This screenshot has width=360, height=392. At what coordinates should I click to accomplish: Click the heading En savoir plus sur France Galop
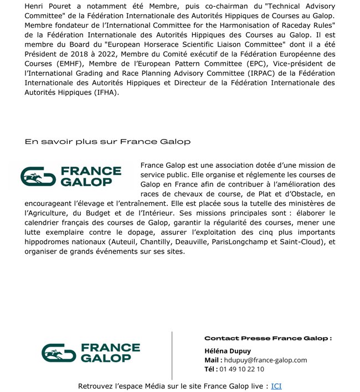[x=107, y=142]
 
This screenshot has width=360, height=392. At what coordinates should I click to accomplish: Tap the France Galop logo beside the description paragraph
[x=71, y=176]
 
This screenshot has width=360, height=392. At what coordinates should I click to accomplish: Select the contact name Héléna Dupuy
[x=227, y=350]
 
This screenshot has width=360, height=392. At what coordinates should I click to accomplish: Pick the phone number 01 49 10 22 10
[x=241, y=369]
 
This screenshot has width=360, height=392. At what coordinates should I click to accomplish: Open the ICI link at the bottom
[x=276, y=386]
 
